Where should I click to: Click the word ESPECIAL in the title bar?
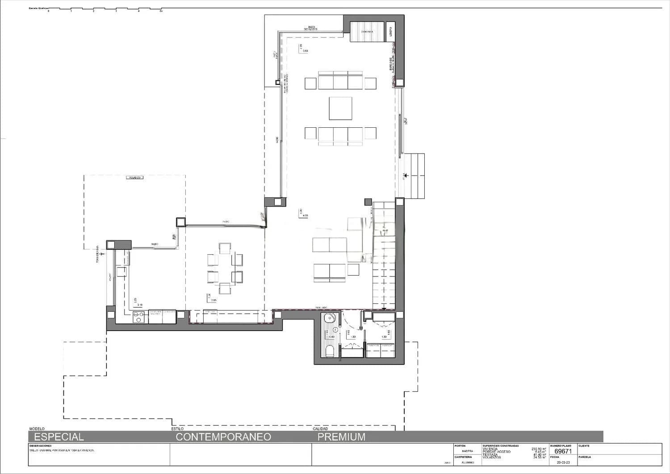[x=59, y=437]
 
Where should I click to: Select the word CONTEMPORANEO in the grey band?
[x=223, y=437]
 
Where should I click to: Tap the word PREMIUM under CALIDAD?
[x=341, y=437]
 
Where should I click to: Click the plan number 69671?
[x=563, y=452]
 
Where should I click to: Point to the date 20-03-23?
[x=563, y=462]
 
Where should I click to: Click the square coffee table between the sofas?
[x=340, y=108]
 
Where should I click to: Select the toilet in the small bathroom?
[x=330, y=351]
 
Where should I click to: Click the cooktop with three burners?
[x=139, y=317]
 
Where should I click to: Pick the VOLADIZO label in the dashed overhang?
[x=134, y=178]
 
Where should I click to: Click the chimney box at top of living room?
[x=367, y=32]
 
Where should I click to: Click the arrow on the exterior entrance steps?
[x=405, y=176]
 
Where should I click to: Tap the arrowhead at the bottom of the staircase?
[x=384, y=308]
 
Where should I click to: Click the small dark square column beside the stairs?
[x=368, y=201]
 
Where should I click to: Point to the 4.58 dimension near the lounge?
[x=306, y=216]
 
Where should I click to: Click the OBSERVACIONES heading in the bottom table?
[x=40, y=446]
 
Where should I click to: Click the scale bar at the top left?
[x=105, y=9]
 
